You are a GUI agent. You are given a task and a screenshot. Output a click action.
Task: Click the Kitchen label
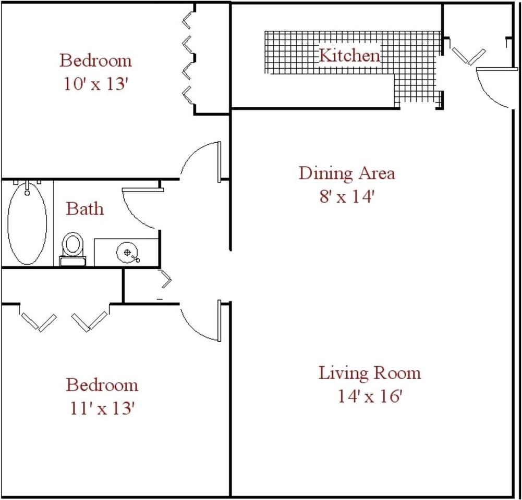[349, 55]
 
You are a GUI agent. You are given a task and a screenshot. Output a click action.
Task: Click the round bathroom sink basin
[127, 253]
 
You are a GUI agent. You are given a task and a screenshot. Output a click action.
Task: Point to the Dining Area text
[346, 173]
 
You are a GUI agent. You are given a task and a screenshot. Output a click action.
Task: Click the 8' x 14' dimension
[346, 198]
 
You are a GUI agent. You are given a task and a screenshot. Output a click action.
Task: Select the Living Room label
[369, 373]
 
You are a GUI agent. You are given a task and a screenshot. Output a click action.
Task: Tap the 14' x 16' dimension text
[369, 397]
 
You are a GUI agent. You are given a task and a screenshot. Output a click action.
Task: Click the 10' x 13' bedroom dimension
[95, 84]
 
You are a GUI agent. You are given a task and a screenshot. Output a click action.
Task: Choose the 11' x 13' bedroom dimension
[102, 408]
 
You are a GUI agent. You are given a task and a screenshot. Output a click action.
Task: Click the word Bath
[84, 209]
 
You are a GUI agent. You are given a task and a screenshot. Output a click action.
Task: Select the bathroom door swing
[138, 208]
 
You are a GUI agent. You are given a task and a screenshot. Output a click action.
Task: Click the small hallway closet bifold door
[166, 279]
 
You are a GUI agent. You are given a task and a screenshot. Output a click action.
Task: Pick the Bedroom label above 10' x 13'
[95, 60]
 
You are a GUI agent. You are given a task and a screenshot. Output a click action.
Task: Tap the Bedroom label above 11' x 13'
[102, 385]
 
